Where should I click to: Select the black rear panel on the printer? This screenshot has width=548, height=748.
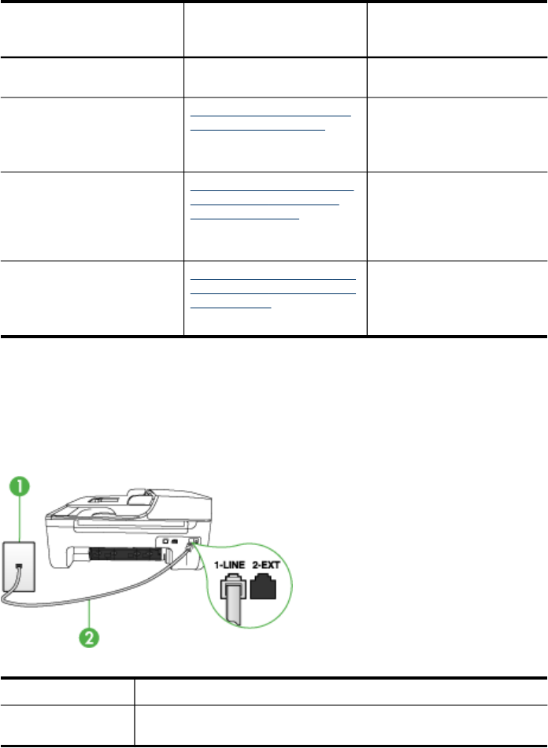129,554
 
